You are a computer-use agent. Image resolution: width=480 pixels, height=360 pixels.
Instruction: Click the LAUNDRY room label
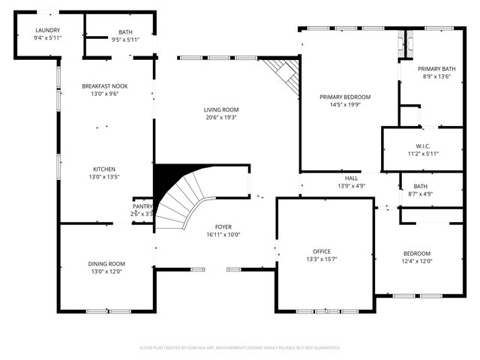46,31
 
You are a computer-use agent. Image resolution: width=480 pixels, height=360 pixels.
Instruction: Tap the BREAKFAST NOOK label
104,86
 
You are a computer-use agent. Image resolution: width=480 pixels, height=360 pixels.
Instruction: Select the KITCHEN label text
104,169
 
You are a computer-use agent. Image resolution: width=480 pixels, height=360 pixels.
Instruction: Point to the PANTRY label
142,206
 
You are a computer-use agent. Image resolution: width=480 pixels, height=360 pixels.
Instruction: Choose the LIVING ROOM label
220,109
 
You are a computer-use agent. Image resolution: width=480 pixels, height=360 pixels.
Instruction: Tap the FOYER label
223,226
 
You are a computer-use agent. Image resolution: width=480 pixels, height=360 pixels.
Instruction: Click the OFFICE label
322,251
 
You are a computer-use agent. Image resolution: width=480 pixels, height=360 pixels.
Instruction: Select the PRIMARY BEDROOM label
345,97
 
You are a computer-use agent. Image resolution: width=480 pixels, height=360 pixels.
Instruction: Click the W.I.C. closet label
422,145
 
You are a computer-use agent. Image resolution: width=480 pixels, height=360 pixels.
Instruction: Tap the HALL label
351,178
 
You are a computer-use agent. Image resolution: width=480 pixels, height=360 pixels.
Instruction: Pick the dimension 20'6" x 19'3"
220,118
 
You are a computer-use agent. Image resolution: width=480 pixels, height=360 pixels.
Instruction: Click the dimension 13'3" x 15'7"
322,259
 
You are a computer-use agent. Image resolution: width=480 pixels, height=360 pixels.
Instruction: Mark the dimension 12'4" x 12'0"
417,261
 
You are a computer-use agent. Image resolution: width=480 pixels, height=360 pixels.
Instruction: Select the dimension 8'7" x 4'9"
420,194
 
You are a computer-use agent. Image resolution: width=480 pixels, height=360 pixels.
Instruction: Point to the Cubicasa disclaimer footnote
240,348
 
